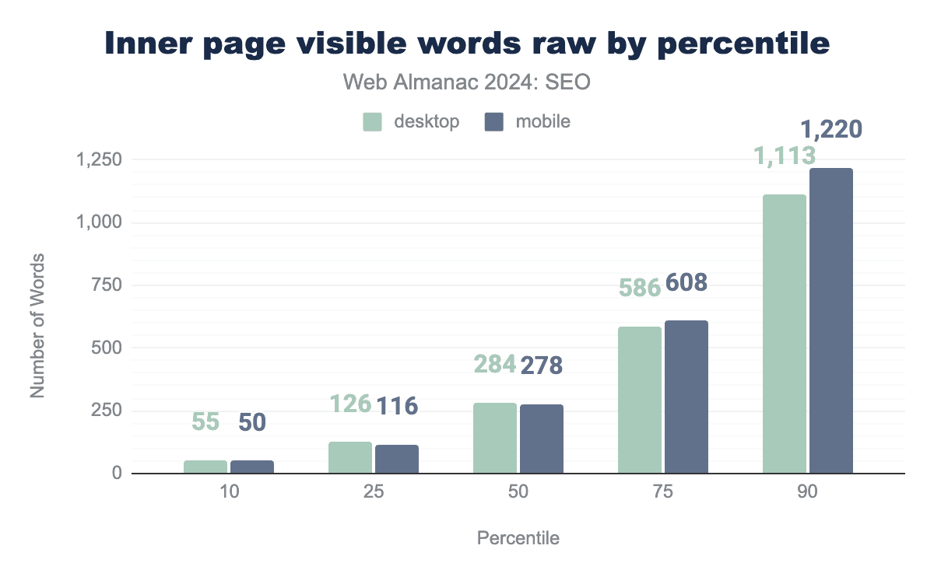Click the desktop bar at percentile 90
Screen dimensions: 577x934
click(785, 334)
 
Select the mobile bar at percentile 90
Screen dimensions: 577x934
click(831, 321)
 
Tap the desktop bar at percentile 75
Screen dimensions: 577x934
click(640, 400)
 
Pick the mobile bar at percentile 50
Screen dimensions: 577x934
click(542, 439)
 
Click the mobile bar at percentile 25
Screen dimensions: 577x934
click(397, 459)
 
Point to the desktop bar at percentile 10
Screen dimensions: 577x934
click(205, 467)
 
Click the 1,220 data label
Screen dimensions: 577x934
click(831, 128)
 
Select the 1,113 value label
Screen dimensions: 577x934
click(785, 156)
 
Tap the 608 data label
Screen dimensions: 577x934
click(686, 283)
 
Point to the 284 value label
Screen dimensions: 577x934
click(494, 365)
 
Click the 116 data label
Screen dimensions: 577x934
click(397, 405)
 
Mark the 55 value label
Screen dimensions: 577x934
click(205, 422)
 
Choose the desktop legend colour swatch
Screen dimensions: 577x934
click(372, 122)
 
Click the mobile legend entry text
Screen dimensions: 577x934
click(537, 122)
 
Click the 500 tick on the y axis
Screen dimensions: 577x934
click(106, 348)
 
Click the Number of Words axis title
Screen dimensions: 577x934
click(37, 324)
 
